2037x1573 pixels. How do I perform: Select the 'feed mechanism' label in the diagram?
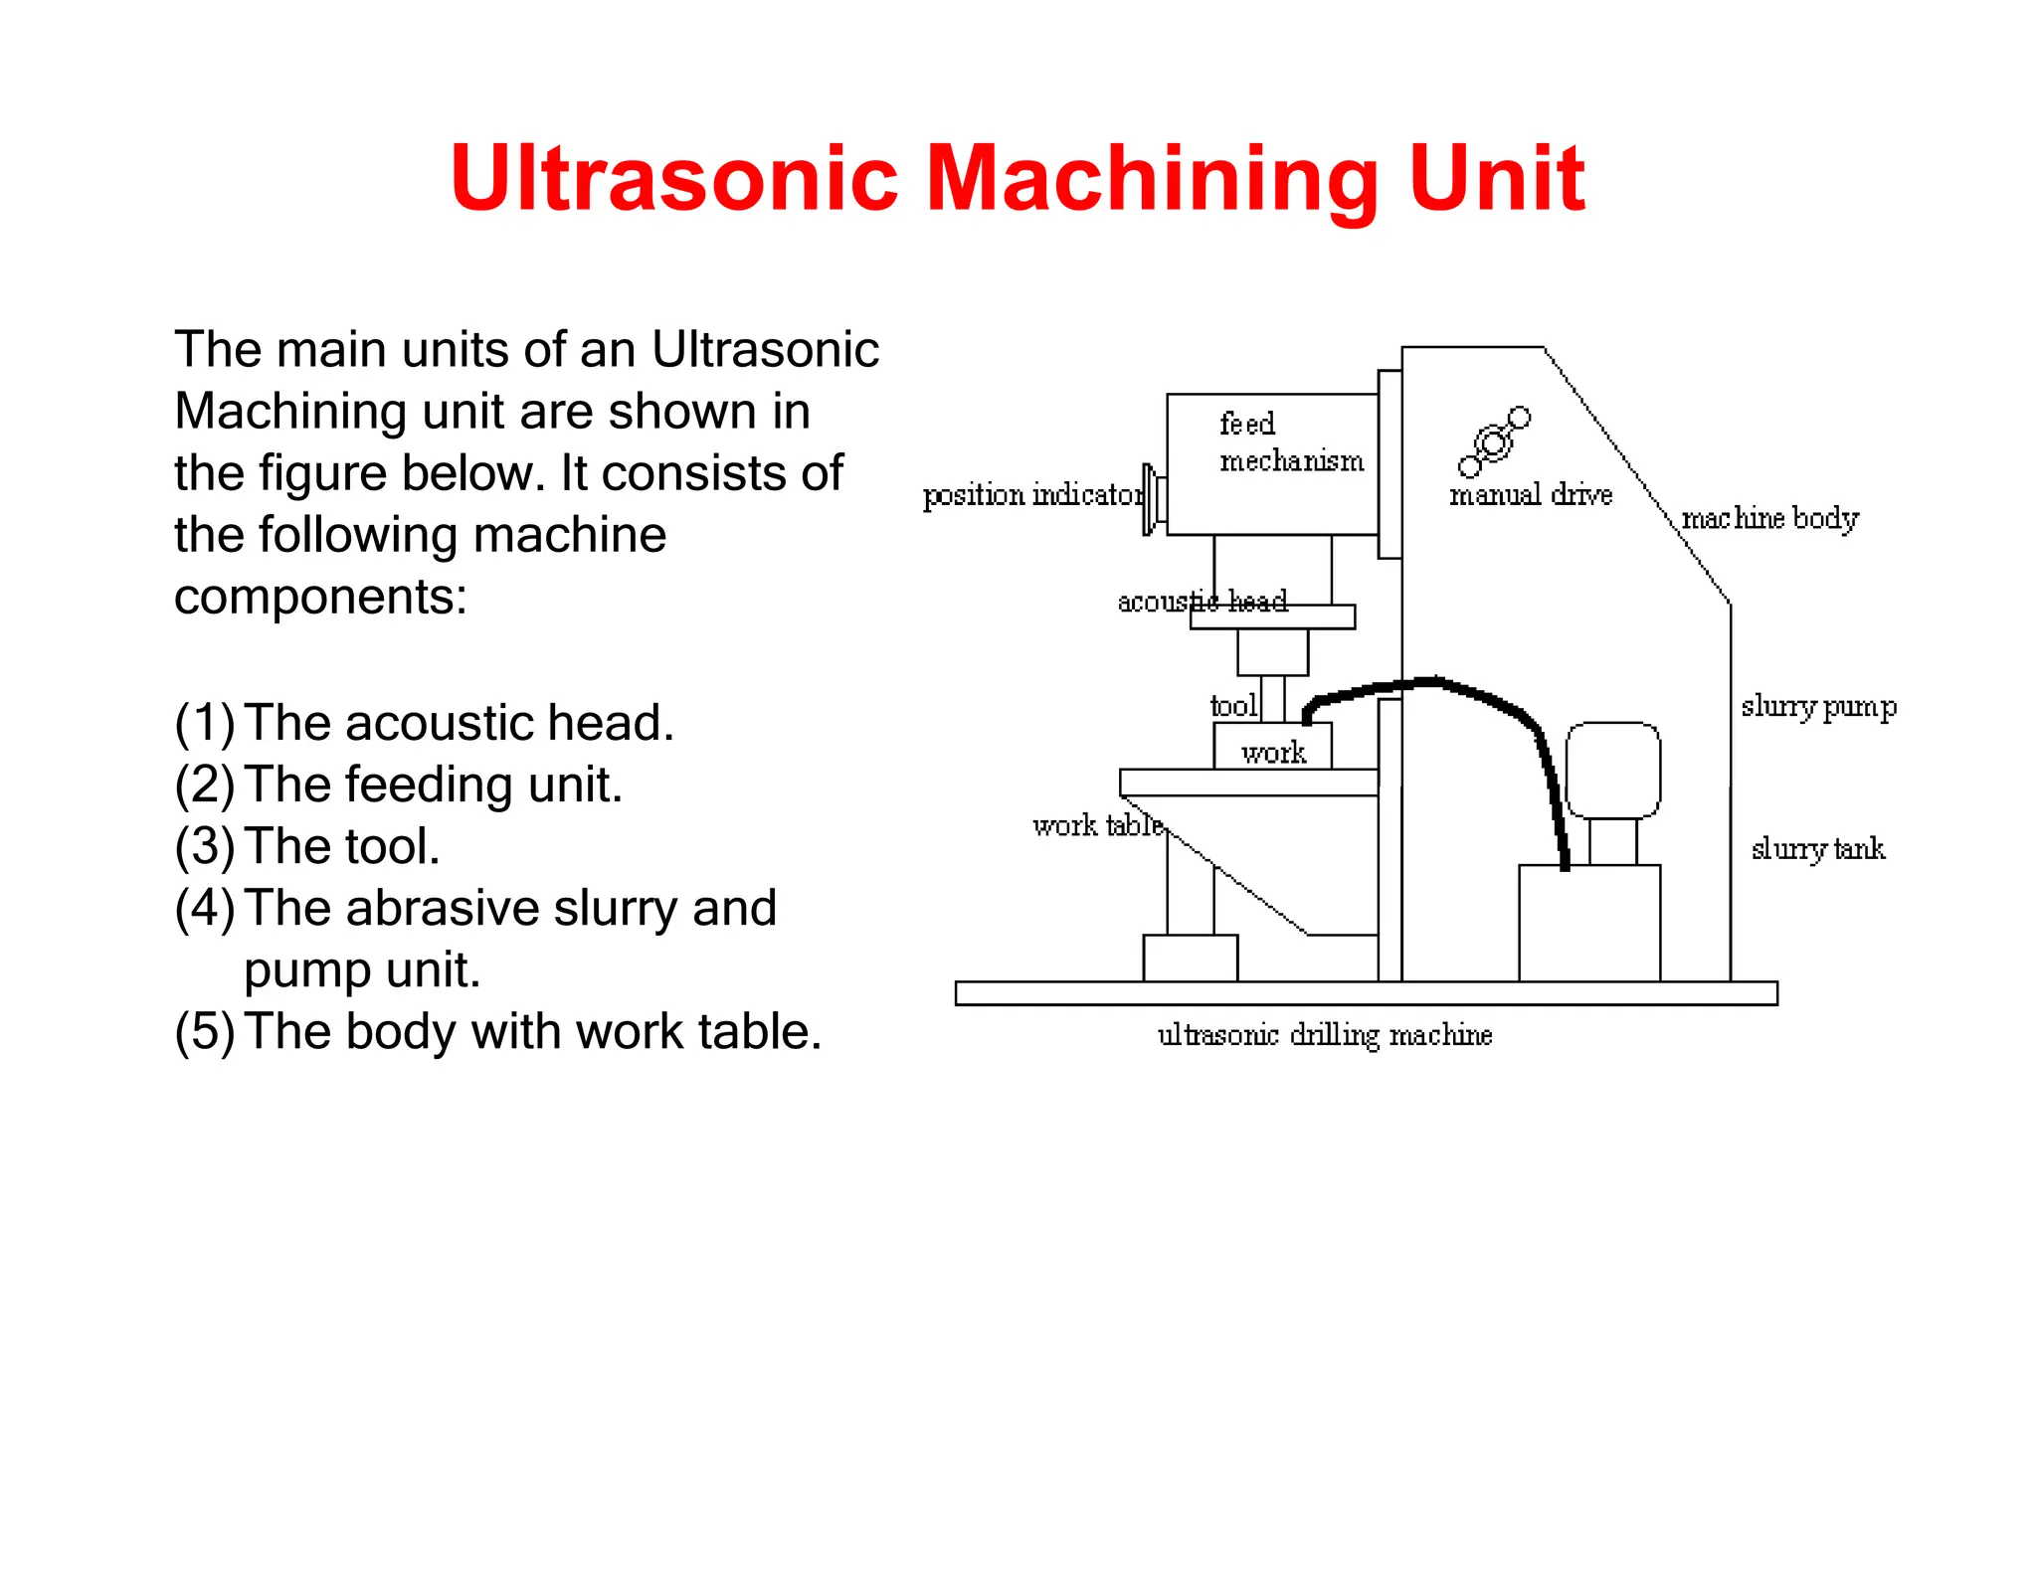(x=1290, y=442)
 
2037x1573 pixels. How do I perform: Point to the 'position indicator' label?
(x=1032, y=495)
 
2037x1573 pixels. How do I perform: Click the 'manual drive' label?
(x=1530, y=494)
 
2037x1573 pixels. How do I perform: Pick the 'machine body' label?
(x=1769, y=518)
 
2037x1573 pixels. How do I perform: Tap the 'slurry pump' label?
(x=1818, y=707)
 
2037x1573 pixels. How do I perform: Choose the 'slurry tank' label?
(x=1817, y=849)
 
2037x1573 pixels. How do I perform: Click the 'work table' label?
(x=1097, y=825)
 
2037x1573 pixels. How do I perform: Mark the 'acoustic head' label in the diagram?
(x=1202, y=602)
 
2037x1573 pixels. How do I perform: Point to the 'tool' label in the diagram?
(x=1233, y=706)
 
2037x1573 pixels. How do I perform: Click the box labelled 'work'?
(x=1273, y=751)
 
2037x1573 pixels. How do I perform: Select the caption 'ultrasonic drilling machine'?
(x=1325, y=1036)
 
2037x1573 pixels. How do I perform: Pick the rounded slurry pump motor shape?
(x=1612, y=770)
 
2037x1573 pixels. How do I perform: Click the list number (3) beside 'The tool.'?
(x=205, y=846)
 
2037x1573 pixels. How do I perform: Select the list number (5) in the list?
(x=205, y=1031)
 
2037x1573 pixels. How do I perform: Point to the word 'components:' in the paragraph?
(x=320, y=597)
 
